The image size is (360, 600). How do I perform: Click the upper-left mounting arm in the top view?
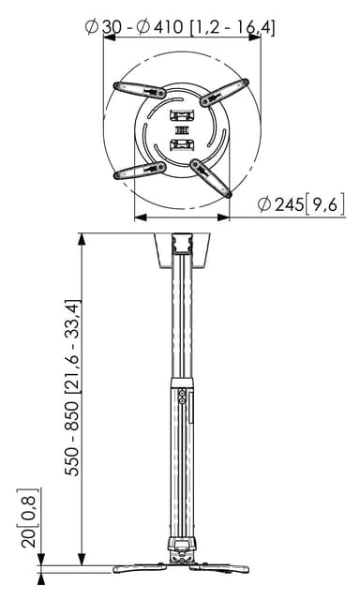140,90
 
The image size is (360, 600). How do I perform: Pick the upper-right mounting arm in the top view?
224,92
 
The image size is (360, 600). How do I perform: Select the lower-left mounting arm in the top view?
140,171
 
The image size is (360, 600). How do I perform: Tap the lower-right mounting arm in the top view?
211,178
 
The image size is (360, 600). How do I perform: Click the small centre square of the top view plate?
182,131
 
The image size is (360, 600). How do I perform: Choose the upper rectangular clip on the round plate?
182,114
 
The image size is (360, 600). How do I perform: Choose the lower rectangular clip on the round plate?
182,145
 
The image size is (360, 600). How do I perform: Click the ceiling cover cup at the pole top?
182,250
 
